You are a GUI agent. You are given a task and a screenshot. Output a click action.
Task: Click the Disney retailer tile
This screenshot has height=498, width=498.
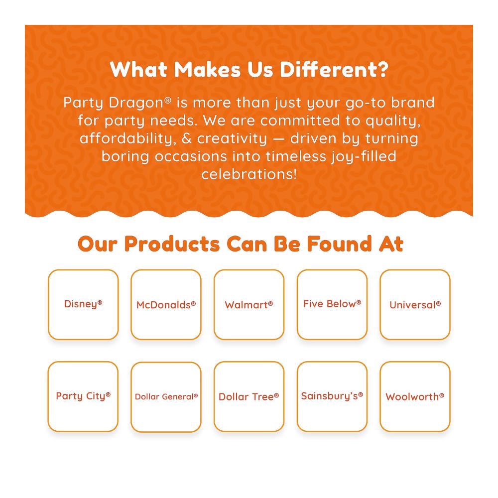[x=83, y=305]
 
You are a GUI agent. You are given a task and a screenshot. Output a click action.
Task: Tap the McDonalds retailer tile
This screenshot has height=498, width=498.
[x=166, y=305]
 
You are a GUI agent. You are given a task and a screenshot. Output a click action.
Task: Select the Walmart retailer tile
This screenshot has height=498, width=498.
[x=249, y=305]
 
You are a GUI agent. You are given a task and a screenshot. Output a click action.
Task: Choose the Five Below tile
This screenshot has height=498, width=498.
[x=332, y=305]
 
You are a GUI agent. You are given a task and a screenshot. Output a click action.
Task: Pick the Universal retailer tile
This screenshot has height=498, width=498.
[x=415, y=305]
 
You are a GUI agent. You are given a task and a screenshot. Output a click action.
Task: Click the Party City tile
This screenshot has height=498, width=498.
[x=83, y=397]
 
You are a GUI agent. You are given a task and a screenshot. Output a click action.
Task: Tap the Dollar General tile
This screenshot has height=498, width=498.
[x=166, y=397]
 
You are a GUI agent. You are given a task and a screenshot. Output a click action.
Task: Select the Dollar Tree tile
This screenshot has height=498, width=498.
[x=249, y=397]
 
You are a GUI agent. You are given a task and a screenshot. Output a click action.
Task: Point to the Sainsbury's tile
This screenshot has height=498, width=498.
[x=332, y=397]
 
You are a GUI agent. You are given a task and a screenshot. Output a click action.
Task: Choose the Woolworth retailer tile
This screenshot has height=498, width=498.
[x=415, y=397]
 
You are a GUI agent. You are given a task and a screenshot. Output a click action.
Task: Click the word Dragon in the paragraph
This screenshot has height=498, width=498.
[x=136, y=103]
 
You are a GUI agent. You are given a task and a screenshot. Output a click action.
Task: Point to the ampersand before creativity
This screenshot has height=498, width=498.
[x=187, y=138]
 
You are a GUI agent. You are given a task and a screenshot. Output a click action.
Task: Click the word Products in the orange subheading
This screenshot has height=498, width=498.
[x=172, y=244]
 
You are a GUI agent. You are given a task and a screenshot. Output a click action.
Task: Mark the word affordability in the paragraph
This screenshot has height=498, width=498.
[x=128, y=139]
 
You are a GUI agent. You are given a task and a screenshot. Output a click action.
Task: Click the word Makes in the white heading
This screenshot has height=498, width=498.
[x=207, y=69]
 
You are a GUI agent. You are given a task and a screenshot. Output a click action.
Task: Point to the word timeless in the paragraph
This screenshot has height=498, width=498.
[x=296, y=156]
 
